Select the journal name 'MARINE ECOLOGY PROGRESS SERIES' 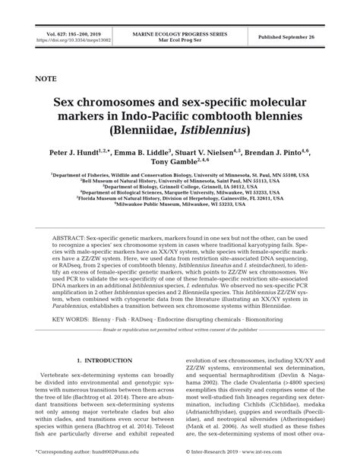(180, 34)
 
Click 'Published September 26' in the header (295, 36)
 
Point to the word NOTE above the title (49, 78)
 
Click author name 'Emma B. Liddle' (147, 153)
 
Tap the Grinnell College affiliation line (181, 186)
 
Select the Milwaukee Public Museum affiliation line (181, 204)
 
